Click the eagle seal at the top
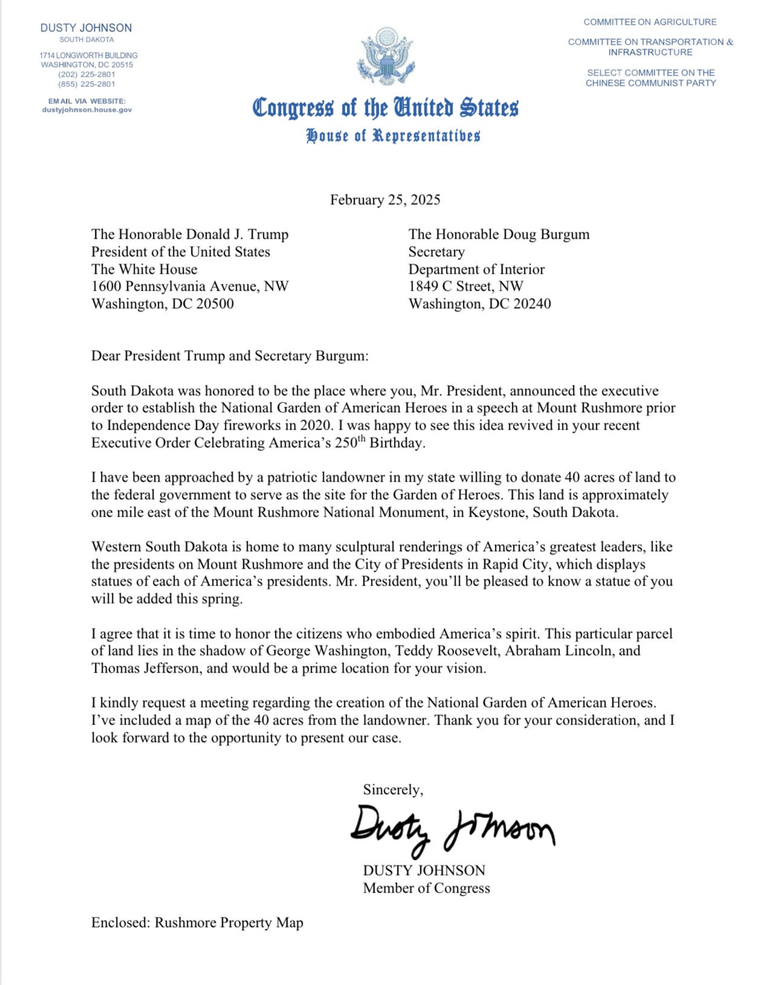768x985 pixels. (385, 57)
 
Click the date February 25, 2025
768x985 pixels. (385, 200)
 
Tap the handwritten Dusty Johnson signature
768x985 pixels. (452, 828)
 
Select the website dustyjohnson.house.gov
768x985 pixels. (87, 110)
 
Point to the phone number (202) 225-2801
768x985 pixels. (86, 74)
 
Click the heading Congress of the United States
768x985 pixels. (385, 108)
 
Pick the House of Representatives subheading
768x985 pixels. (393, 135)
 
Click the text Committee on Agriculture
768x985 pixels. (650, 22)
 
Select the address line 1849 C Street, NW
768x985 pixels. (465, 286)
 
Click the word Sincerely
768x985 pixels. (392, 790)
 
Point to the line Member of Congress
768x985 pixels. (426, 888)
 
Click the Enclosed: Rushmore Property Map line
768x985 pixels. (197, 923)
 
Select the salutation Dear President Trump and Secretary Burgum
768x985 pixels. (230, 356)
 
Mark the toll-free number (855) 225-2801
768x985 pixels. (86, 84)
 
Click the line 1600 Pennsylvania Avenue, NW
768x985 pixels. (190, 286)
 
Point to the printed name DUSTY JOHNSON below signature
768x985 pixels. (424, 871)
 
